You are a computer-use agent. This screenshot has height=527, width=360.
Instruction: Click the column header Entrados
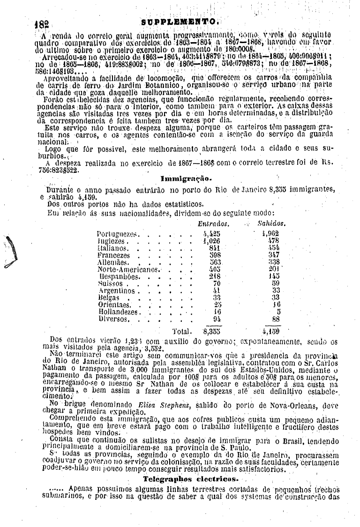click(213, 224)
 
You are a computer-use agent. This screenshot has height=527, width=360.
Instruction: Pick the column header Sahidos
click(272, 224)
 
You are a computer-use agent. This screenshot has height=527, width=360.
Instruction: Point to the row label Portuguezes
click(117, 233)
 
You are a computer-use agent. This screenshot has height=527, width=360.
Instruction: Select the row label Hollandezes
click(118, 312)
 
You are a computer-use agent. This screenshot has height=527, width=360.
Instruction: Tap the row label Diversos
click(114, 319)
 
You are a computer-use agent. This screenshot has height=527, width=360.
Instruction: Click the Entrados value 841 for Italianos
click(214, 248)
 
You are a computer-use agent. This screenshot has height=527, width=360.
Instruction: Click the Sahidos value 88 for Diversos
click(276, 319)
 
